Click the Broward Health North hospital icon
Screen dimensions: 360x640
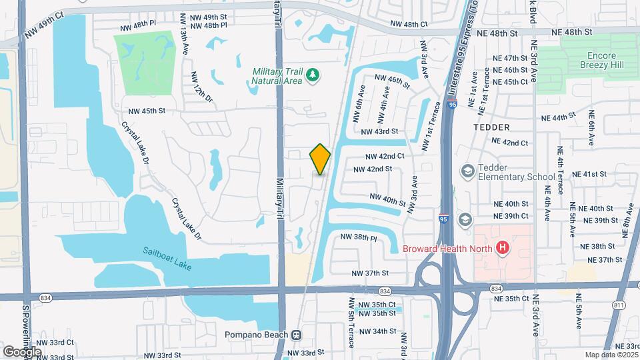[503, 249]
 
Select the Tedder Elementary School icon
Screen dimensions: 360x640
[466, 171]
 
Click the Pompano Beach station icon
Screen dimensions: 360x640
[297, 335]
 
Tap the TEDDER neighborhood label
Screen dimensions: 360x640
[491, 127]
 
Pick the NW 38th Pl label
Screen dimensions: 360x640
[359, 237]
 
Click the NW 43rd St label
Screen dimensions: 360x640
[379, 132]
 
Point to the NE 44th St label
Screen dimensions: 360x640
[558, 117]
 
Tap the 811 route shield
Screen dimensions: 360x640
[619, 305]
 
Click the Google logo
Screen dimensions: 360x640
[22, 351]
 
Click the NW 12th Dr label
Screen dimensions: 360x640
[200, 87]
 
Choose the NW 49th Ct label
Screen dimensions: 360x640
[43, 24]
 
